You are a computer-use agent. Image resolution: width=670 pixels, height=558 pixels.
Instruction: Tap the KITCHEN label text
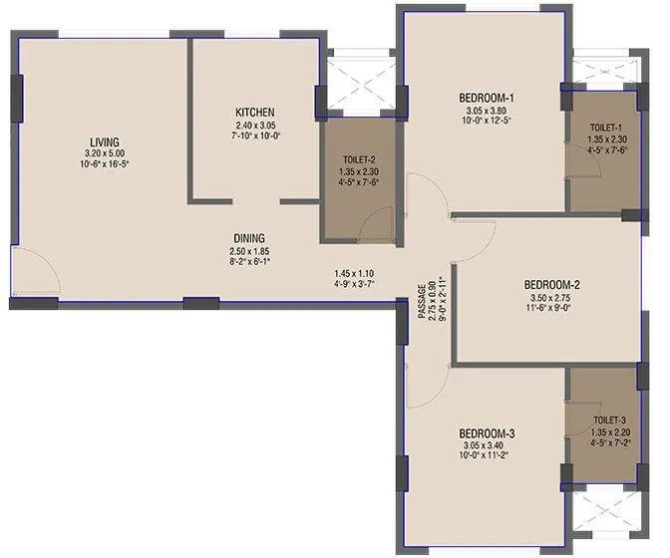pyautogui.click(x=254, y=112)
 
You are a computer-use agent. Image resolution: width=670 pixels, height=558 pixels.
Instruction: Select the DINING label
pyautogui.click(x=249, y=238)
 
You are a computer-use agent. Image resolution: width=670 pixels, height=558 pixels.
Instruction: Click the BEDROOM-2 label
pyautogui.click(x=552, y=283)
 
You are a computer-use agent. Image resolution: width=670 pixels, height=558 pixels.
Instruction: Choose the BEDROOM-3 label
pyautogui.click(x=486, y=433)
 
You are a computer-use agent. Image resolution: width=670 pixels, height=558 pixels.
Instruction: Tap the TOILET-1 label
pyautogui.click(x=605, y=129)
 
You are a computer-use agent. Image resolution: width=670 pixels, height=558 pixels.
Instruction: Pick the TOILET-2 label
pyautogui.click(x=356, y=158)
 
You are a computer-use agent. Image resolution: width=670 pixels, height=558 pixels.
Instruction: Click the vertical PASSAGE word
pyautogui.click(x=424, y=299)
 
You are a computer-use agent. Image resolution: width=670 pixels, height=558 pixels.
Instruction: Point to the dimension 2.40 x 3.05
pyautogui.click(x=254, y=124)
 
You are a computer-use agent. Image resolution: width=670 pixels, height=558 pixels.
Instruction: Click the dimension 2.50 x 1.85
pyautogui.click(x=249, y=250)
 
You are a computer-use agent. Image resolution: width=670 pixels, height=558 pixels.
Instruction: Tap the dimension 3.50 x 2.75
pyautogui.click(x=552, y=296)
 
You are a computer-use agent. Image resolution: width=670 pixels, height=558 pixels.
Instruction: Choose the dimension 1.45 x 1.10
pyautogui.click(x=354, y=273)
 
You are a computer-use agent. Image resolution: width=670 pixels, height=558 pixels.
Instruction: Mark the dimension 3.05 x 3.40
pyautogui.click(x=486, y=445)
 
